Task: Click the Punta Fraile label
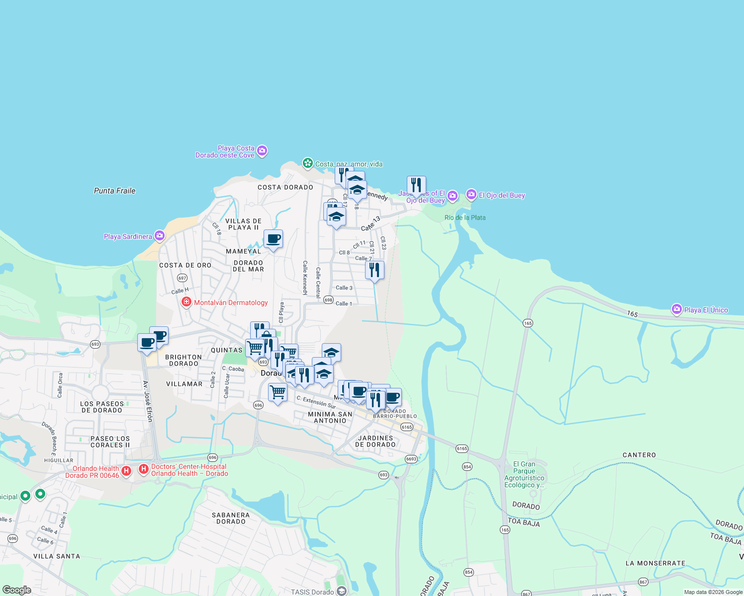tap(114, 191)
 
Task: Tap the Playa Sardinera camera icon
tap(160, 236)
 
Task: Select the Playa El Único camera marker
tap(676, 309)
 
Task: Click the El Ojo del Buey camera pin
tap(471, 195)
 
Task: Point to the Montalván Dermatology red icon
tap(186, 302)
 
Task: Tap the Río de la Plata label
tap(465, 218)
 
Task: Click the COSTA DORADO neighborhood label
tap(285, 187)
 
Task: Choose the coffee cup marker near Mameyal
tap(273, 239)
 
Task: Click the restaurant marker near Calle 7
tap(374, 270)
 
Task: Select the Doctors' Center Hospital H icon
tap(144, 469)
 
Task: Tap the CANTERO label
tap(639, 455)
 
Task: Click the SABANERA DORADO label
tap(231, 518)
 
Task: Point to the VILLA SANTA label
tap(57, 556)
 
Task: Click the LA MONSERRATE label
tap(655, 563)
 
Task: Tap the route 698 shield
tap(328, 300)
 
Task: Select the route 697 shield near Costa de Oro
tap(183, 278)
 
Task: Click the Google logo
tap(17, 590)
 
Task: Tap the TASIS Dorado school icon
tap(341, 591)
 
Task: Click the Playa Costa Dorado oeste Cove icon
tap(262, 150)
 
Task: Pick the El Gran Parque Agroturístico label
tap(524, 475)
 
